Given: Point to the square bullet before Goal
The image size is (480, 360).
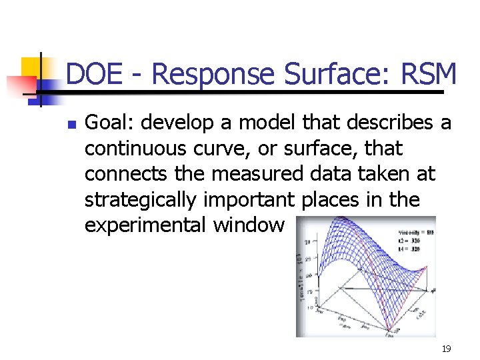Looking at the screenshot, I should point(73,124).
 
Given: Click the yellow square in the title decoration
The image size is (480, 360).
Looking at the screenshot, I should point(31,67).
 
